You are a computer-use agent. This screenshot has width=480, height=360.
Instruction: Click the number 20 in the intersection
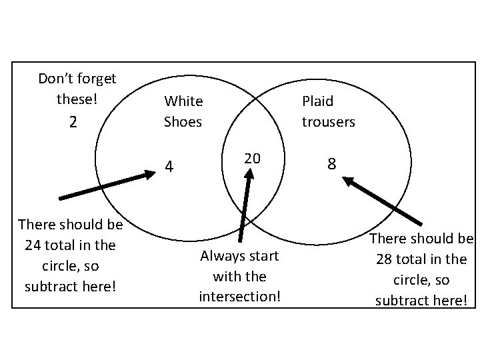tap(252, 158)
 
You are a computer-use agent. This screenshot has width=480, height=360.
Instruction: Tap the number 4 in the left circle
tap(169, 167)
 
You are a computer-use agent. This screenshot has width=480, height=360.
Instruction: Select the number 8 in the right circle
tap(331, 163)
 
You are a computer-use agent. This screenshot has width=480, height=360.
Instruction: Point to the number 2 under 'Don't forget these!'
tap(73, 122)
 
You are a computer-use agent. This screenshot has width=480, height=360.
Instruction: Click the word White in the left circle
tap(183, 101)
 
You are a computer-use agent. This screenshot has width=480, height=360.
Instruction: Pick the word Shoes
tap(183, 122)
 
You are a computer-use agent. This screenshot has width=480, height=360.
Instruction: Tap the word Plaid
tap(317, 101)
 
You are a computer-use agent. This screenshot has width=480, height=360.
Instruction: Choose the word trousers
tap(328, 122)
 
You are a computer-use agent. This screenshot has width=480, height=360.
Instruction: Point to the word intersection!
tap(240, 295)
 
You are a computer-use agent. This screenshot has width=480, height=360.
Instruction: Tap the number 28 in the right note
tap(384, 259)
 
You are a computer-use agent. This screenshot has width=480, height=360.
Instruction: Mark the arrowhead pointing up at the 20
tap(250, 173)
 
